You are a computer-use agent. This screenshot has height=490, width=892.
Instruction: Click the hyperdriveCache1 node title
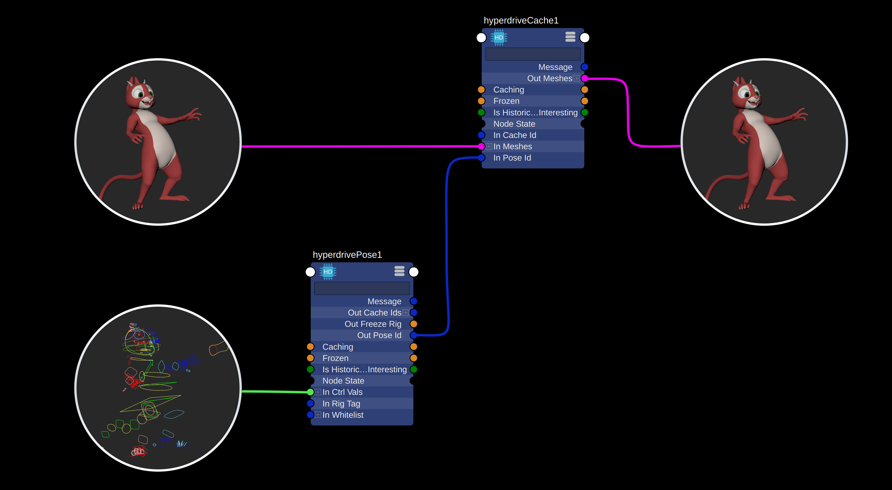pyautogui.click(x=521, y=21)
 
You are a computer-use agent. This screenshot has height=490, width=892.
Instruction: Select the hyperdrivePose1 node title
pyautogui.click(x=347, y=255)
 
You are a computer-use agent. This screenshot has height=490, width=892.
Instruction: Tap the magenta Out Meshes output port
pyautogui.click(x=585, y=78)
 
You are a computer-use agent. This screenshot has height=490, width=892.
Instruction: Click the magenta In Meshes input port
pyautogui.click(x=481, y=147)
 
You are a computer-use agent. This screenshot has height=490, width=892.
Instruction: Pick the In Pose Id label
pyautogui.click(x=512, y=158)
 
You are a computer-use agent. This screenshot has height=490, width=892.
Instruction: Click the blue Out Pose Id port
pyautogui.click(x=414, y=335)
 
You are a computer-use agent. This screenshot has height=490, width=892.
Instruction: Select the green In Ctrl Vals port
pyautogui.click(x=310, y=392)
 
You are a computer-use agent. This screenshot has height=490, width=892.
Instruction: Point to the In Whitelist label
pyautogui.click(x=343, y=415)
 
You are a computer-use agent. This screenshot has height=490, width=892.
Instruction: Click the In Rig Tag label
pyautogui.click(x=341, y=404)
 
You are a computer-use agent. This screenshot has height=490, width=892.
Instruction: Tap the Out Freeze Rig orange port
pyautogui.click(x=414, y=324)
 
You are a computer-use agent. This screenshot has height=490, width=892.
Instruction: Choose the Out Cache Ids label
pyautogui.click(x=374, y=313)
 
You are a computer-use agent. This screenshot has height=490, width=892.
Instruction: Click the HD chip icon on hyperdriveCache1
pyautogui.click(x=499, y=37)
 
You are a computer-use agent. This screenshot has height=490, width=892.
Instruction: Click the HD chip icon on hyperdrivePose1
pyautogui.click(x=328, y=272)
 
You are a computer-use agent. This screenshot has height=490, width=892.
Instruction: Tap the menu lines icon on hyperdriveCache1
pyautogui.click(x=570, y=37)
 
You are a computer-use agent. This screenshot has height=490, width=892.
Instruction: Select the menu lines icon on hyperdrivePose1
pyautogui.click(x=399, y=271)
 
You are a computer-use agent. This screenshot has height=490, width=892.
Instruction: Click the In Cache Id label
pyautogui.click(x=515, y=135)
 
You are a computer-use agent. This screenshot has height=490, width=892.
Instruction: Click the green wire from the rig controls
pyautogui.click(x=275, y=391)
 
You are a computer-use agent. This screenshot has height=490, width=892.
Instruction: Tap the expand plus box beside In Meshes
pyautogui.click(x=489, y=147)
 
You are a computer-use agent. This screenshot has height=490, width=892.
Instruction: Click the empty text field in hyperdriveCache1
pyautogui.click(x=533, y=54)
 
